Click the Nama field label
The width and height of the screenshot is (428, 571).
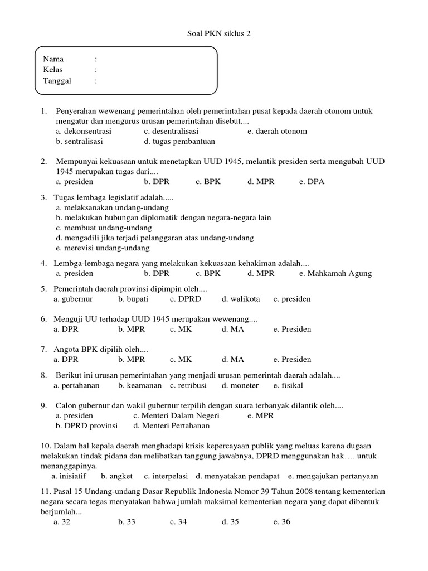point(53,59)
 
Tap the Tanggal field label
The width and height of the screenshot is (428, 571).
point(57,81)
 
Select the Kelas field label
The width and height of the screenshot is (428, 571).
point(53,70)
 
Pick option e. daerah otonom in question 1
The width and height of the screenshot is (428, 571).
point(277,131)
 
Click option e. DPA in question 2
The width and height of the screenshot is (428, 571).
point(312,181)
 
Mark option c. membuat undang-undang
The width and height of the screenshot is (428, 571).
point(104,228)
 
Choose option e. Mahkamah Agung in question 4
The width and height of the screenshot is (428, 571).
point(335,273)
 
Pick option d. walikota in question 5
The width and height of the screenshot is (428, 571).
point(241,299)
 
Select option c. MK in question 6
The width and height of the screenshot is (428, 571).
point(181,329)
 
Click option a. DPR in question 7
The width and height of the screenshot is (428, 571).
point(66,359)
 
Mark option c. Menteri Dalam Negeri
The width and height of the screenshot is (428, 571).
point(176,415)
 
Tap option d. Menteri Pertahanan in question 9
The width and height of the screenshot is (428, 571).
point(171,425)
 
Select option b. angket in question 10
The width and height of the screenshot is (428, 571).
point(116,476)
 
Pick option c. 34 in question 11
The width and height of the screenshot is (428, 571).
point(178,522)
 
